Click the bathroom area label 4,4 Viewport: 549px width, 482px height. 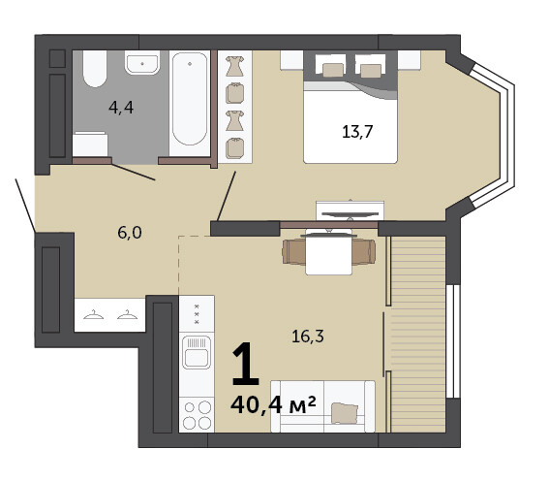(x=121, y=108)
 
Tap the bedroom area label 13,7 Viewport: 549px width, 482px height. (x=357, y=132)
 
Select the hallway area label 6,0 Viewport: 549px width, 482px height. (x=130, y=233)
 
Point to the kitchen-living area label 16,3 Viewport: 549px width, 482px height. (x=308, y=337)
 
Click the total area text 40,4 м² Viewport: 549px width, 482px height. (x=273, y=404)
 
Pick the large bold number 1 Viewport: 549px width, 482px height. (x=245, y=364)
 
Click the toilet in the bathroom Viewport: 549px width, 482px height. (x=95, y=69)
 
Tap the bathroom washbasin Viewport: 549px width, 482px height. (x=142, y=63)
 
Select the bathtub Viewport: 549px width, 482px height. (x=190, y=103)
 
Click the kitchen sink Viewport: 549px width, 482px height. (x=197, y=352)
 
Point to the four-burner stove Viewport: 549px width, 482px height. (x=197, y=415)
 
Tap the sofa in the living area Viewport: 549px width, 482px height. (x=322, y=406)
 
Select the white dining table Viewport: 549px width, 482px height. (x=329, y=252)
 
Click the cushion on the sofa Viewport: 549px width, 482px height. (x=345, y=413)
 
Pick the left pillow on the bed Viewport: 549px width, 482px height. (x=333, y=70)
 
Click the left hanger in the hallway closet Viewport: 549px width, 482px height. (x=94, y=315)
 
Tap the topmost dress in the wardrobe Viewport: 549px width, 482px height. (x=234, y=66)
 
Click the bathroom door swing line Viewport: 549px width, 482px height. (x=134, y=172)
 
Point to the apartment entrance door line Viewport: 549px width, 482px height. (x=25, y=206)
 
